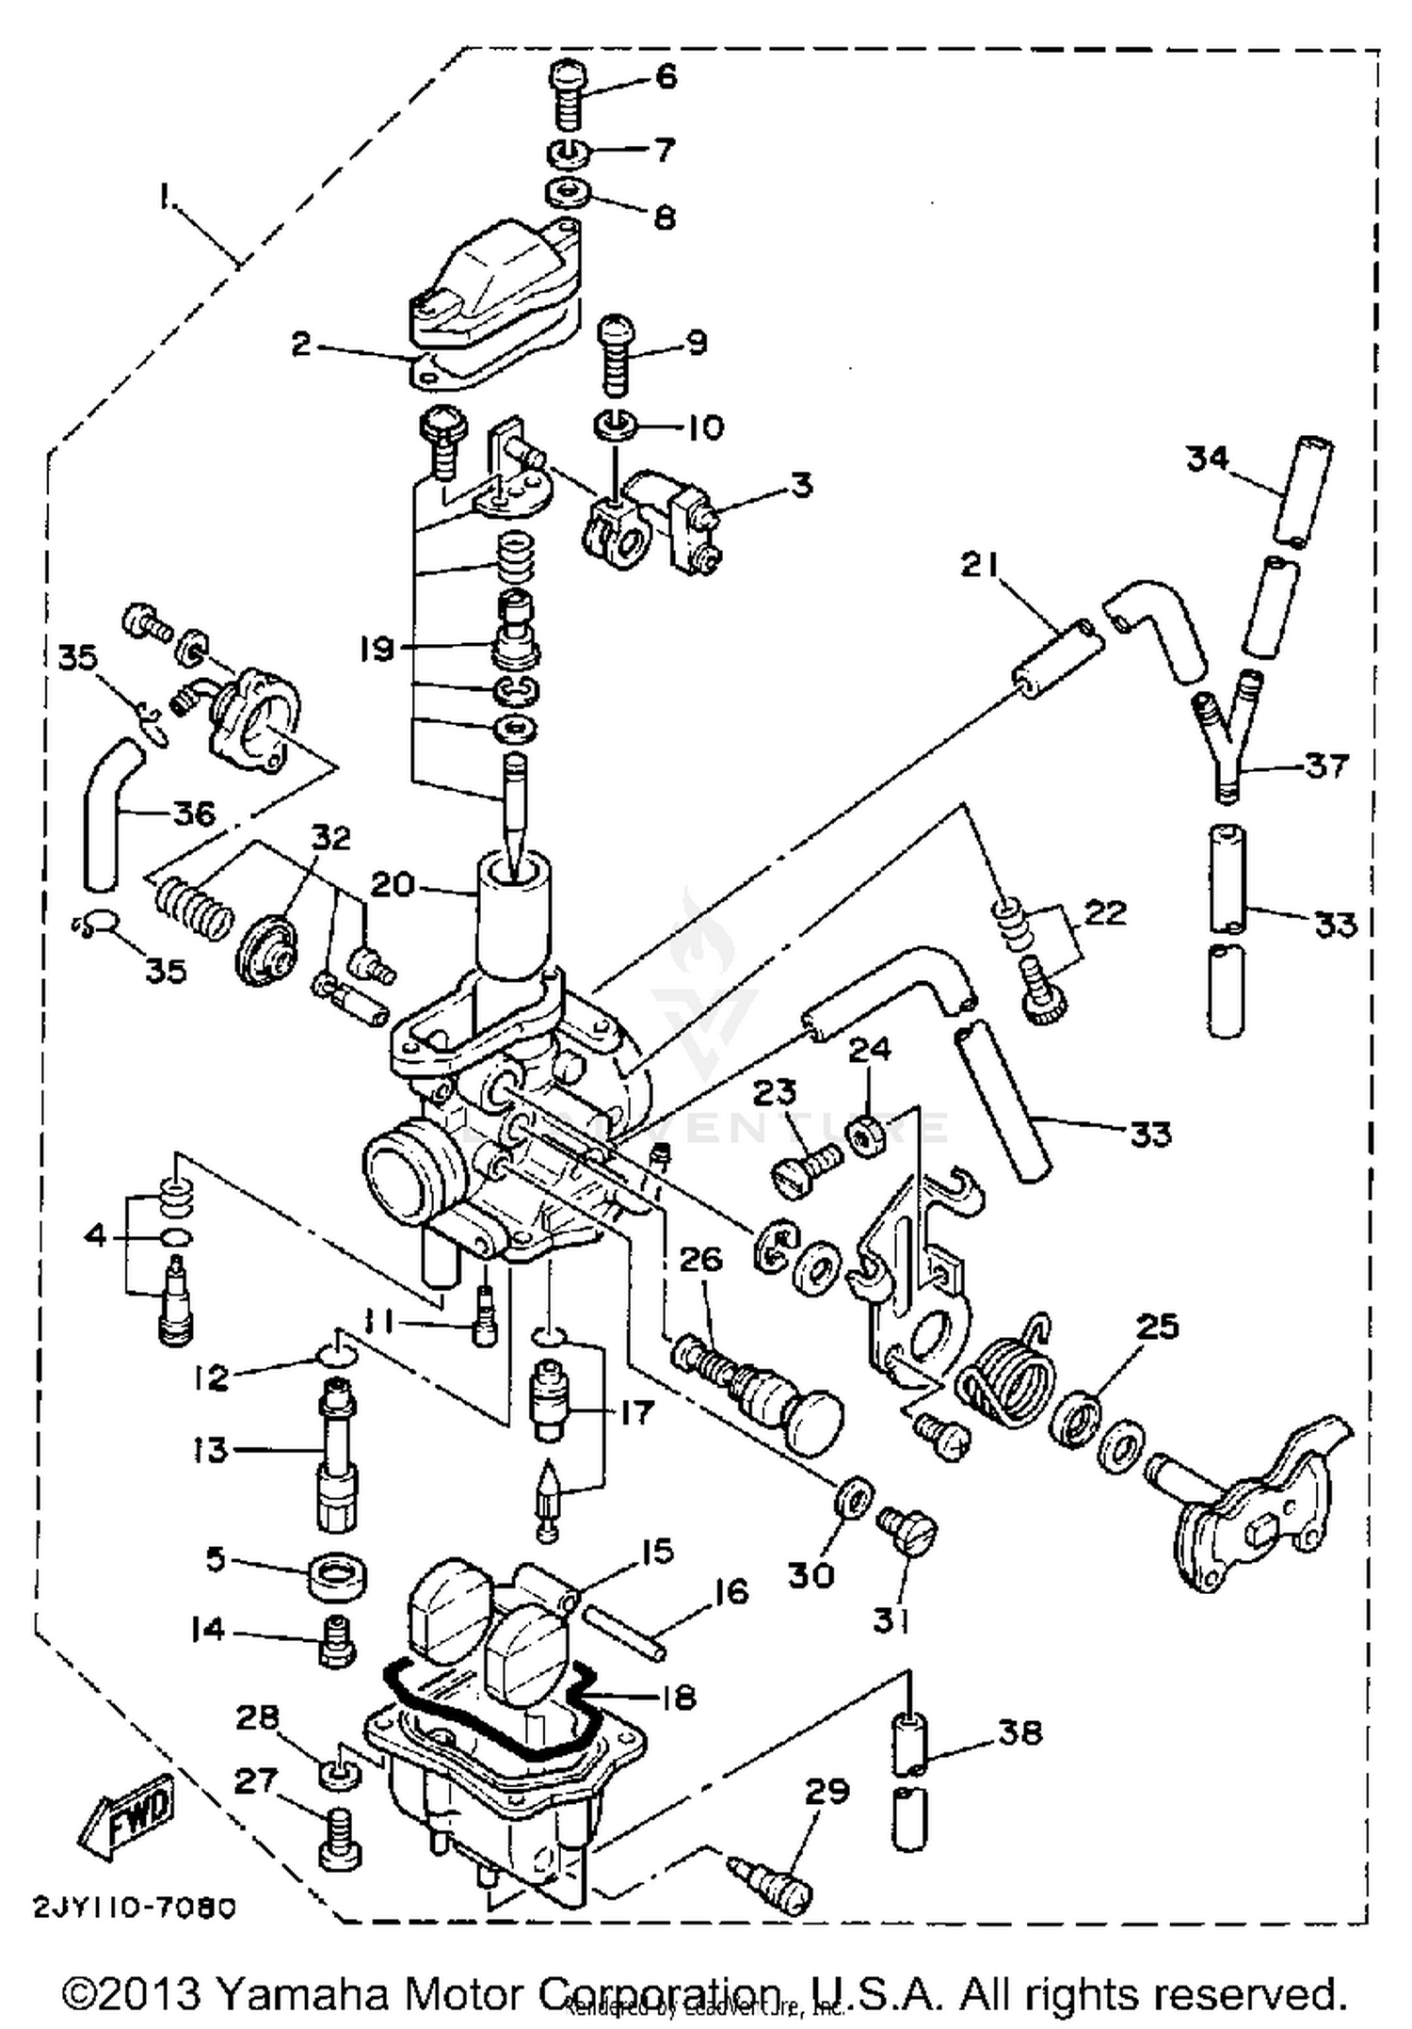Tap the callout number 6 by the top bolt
pos(666,75)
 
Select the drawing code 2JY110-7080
pos(136,1908)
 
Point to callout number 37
pos(1326,765)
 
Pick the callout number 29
pos(827,1790)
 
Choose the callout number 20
pos(392,884)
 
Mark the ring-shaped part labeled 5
pos(337,1574)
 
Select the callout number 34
pos(1207,459)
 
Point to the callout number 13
pos(211,1449)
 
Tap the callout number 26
pos(700,1260)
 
